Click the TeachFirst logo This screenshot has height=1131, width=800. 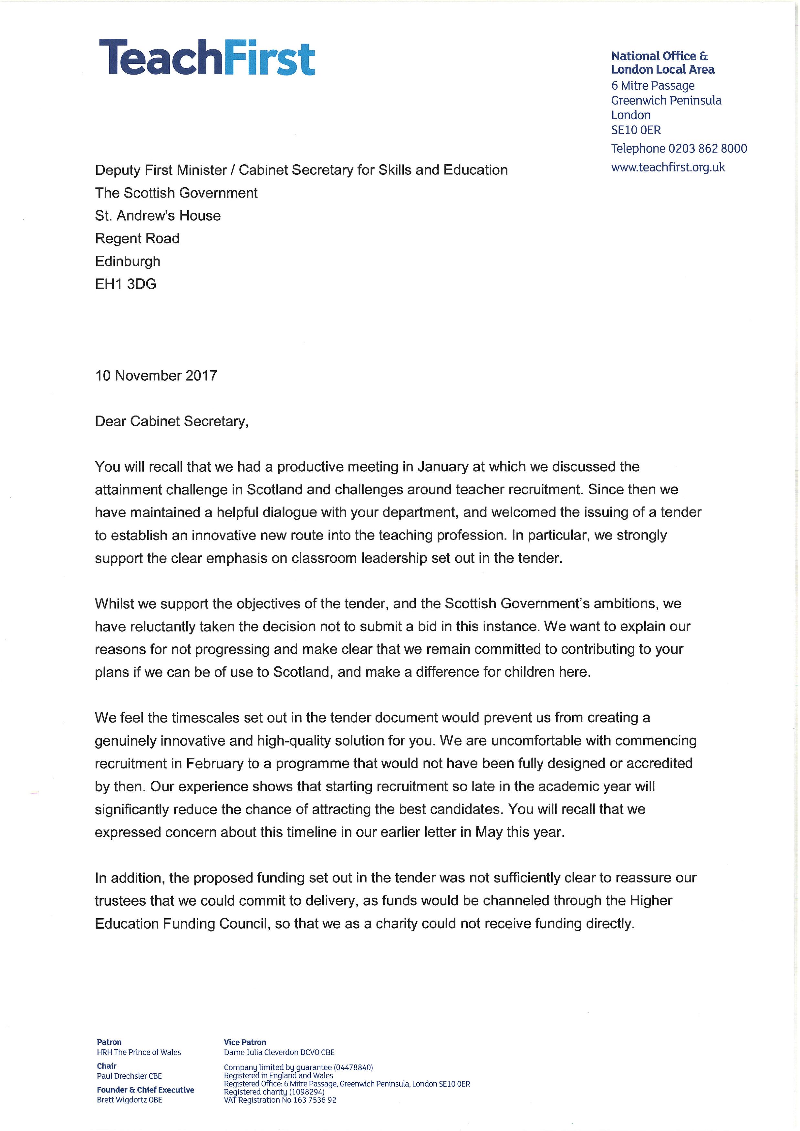coord(207,58)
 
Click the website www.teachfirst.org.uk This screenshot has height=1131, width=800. coord(668,168)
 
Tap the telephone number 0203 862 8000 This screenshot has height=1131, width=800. coord(707,149)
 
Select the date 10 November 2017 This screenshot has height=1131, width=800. coord(156,376)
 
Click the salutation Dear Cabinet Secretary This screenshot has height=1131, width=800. coord(171,422)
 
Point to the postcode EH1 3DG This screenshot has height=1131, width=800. coord(126,284)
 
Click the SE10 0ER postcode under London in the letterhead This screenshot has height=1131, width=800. coord(636,130)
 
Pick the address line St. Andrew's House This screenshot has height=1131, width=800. coord(158,216)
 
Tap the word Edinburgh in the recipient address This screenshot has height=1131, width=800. coord(128,262)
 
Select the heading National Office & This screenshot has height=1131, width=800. coord(659,56)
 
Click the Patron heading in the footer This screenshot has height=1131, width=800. coord(109,1042)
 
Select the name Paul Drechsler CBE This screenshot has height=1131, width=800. coord(129,1076)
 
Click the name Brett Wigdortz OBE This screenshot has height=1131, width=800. coord(129,1100)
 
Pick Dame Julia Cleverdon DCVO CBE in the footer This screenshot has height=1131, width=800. coord(279,1053)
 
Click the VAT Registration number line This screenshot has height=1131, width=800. coord(280,1100)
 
